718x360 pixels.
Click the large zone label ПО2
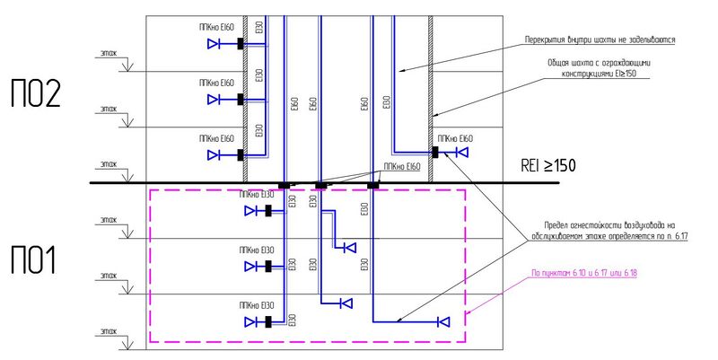click(x=35, y=94)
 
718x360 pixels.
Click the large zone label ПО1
click(x=33, y=260)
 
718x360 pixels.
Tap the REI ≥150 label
click(x=547, y=166)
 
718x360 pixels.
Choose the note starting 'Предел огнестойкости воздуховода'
click(x=609, y=230)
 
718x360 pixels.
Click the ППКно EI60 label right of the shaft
click(x=453, y=138)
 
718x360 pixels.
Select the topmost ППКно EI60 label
click(x=216, y=29)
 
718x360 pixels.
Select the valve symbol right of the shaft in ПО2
click(x=461, y=153)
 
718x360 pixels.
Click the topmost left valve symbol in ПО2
click(x=215, y=43)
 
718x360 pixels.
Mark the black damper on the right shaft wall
click(x=435, y=153)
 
